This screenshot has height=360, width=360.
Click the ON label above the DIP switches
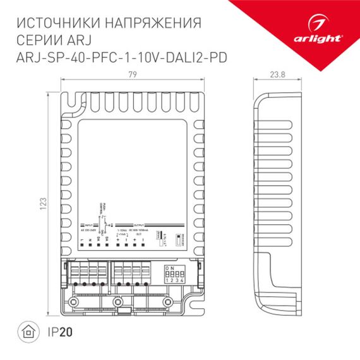coord(168,268)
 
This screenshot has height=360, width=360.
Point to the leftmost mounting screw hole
coord(73,301)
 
